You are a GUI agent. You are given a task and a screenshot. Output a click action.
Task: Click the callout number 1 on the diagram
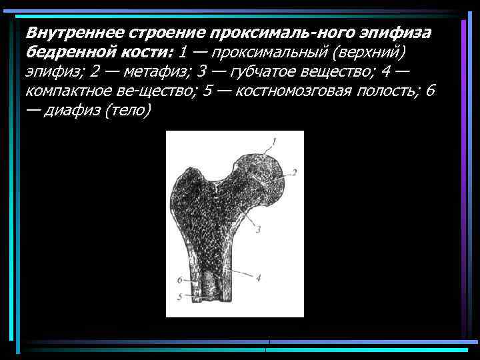pos(272,141)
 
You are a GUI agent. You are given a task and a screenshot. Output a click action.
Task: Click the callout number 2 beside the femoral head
pos(293,173)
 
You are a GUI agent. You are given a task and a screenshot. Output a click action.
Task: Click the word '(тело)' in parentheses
pos(129,110)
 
